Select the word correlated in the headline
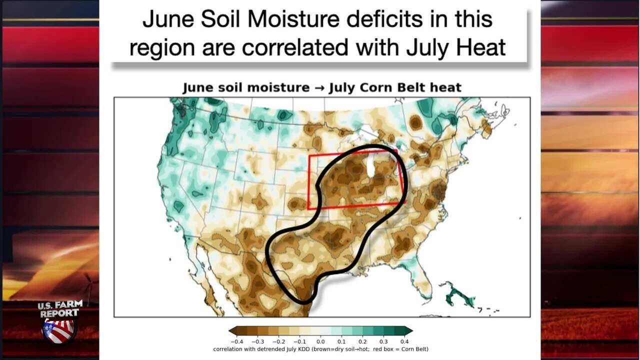coord(295,47)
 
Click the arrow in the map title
coord(319,87)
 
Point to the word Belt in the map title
coord(410,87)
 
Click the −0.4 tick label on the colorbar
coord(237,341)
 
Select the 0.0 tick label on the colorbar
coord(320,341)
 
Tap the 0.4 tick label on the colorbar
coord(404,341)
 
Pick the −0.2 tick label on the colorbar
coord(279,341)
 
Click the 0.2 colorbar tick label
coord(362,341)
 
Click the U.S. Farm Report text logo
coord(60,309)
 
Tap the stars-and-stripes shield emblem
coord(59,331)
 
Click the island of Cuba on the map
coord(460,297)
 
